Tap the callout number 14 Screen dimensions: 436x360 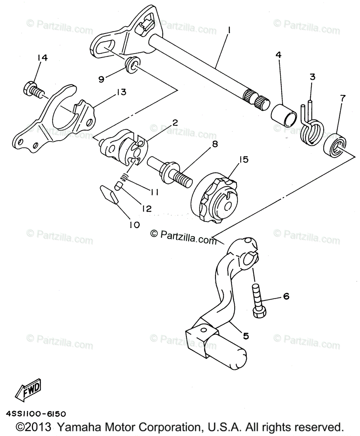click(42, 58)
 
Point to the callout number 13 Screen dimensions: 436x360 click(121, 92)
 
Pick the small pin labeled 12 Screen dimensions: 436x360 click(118, 186)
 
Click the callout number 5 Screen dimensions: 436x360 click(246, 336)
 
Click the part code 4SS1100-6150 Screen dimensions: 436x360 click(36, 414)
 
